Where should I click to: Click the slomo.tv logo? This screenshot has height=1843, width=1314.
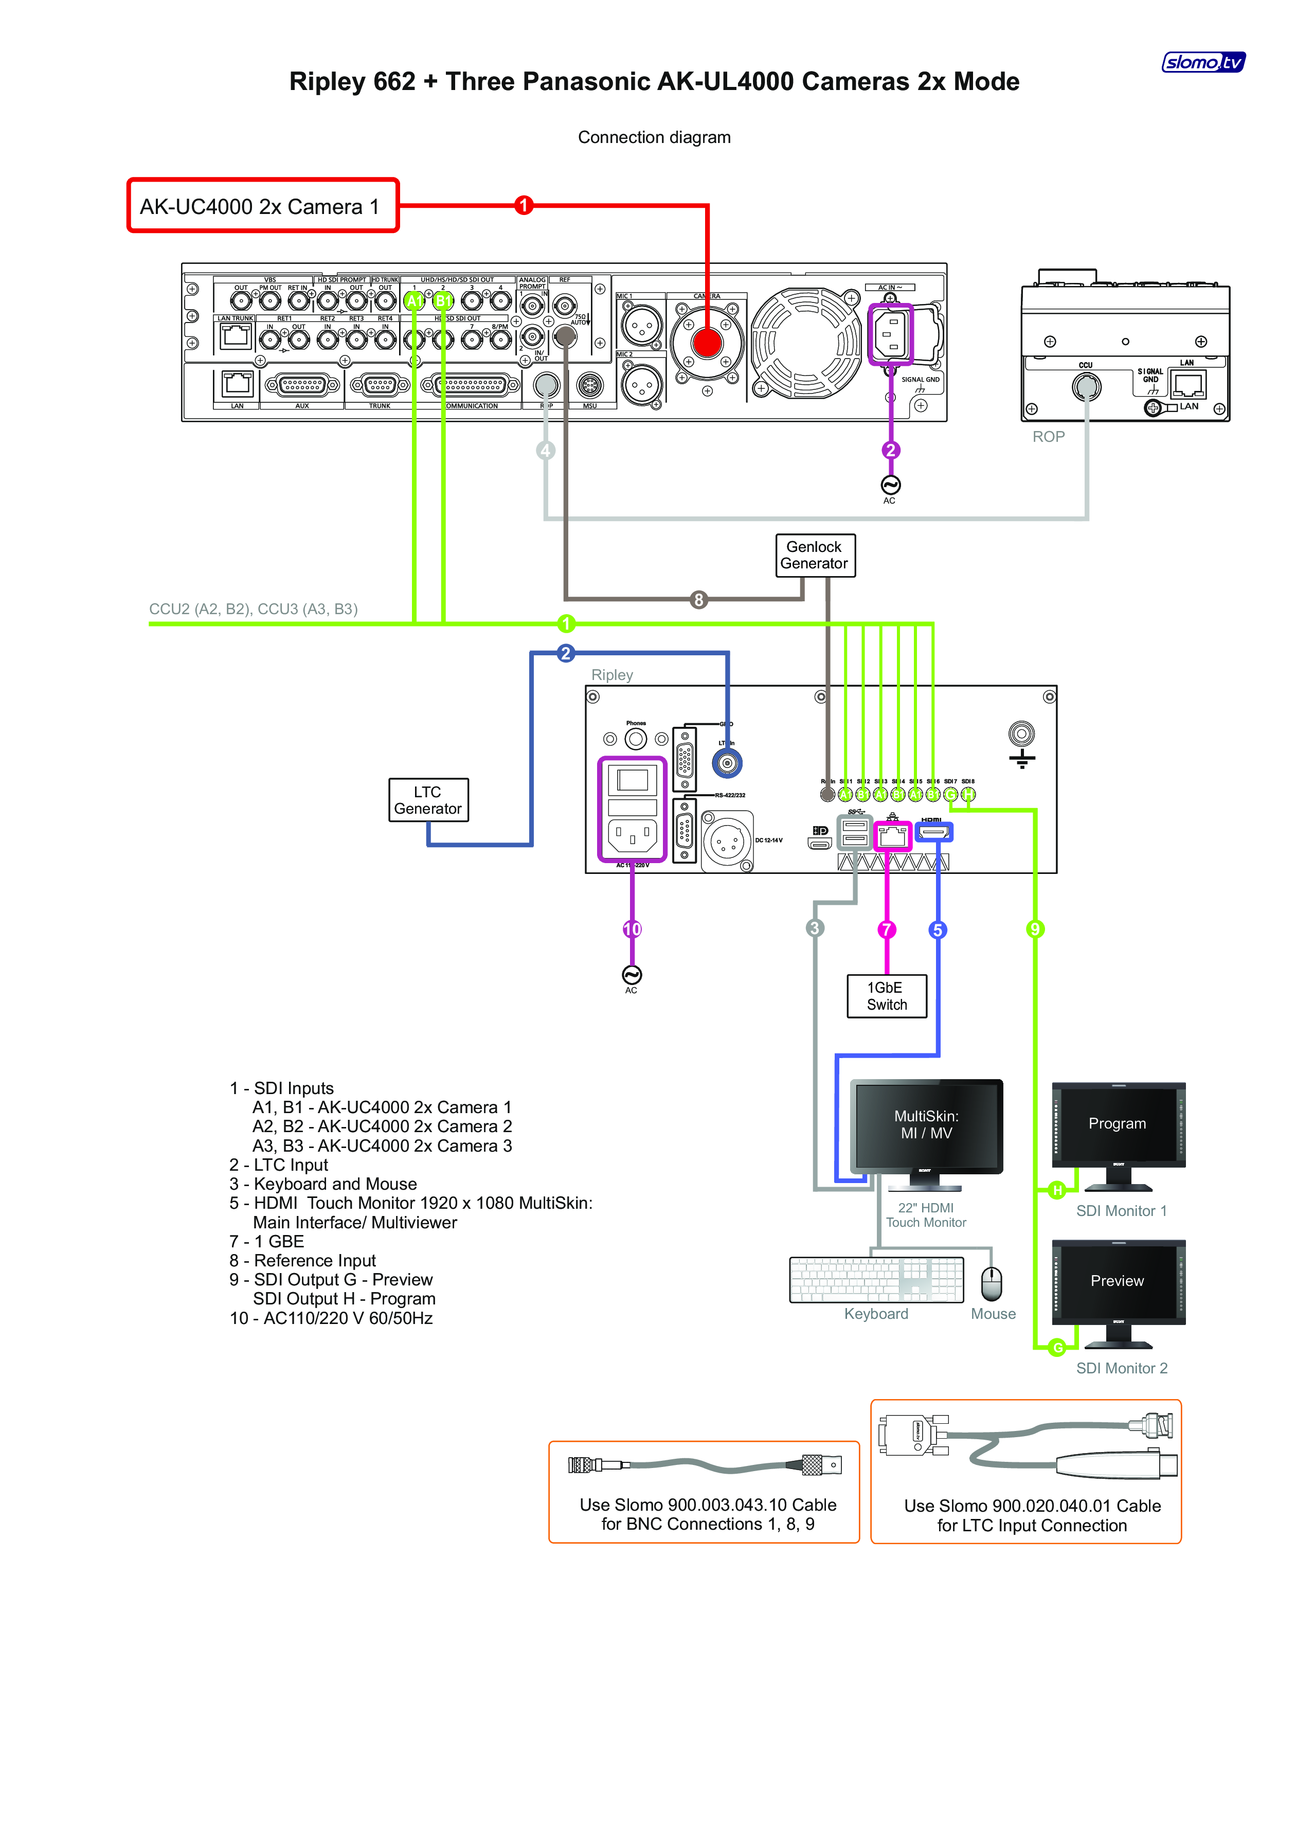click(1203, 62)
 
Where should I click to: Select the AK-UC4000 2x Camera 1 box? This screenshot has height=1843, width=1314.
click(263, 206)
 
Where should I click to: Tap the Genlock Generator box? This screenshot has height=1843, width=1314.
click(814, 555)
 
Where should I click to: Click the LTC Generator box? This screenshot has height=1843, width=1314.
click(428, 800)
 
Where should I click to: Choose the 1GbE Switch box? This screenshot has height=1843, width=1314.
click(887, 996)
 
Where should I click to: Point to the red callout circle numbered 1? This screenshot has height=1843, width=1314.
click(524, 206)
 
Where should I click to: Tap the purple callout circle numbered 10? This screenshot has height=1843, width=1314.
click(632, 929)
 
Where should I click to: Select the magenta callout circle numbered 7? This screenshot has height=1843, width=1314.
click(887, 929)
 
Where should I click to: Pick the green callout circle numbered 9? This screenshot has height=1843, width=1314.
click(1035, 929)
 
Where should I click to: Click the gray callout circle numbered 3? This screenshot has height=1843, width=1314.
click(815, 928)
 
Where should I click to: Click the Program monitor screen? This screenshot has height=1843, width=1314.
click(1118, 1124)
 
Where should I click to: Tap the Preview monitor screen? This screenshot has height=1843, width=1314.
click(1118, 1281)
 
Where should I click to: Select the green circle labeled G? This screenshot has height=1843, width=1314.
click(1057, 1348)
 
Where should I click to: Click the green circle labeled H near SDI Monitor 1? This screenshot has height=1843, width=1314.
click(1057, 1190)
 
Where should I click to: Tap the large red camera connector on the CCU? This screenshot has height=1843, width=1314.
click(707, 342)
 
